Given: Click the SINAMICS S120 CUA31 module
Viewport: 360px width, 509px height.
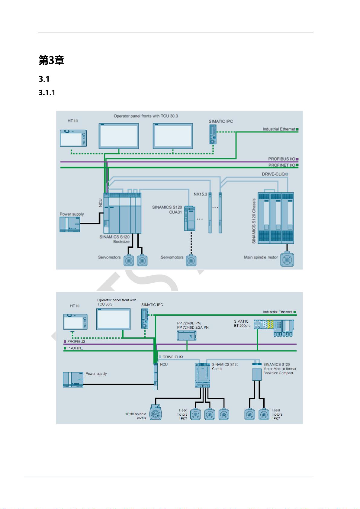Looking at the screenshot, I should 190,219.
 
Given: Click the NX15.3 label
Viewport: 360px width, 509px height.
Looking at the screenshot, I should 200,194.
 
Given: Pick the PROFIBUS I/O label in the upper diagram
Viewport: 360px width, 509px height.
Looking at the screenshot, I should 281,159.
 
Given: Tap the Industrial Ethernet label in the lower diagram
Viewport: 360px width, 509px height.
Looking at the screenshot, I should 277,312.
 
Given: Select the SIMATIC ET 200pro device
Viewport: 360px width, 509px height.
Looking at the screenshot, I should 274,328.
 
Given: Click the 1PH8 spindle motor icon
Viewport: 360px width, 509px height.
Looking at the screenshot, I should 156,412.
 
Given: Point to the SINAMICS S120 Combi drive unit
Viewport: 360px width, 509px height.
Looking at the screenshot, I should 203,375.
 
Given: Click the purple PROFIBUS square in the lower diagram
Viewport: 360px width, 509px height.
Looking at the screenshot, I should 65,342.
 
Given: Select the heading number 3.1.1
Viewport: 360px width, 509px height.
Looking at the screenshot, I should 47,92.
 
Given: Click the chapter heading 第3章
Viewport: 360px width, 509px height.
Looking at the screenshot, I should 51,61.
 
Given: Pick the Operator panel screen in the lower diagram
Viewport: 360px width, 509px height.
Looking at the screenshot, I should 114,319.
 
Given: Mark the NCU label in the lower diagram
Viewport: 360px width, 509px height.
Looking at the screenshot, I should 164,365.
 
